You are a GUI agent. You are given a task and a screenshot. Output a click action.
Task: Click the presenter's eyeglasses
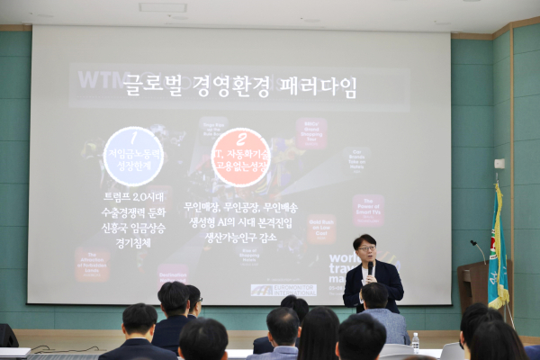(x=364, y=248)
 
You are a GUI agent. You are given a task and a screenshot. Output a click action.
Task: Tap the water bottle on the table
(x=415, y=341)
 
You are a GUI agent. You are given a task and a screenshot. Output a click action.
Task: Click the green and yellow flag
(x=497, y=248)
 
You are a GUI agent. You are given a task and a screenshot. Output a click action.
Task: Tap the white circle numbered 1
(x=133, y=156)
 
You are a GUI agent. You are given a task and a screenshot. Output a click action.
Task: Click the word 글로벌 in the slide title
(x=158, y=87)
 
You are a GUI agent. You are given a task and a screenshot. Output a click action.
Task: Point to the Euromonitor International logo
(x=283, y=290)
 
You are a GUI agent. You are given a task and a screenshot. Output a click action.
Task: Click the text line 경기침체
(x=132, y=243)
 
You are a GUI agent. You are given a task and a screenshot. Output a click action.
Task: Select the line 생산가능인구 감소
(x=240, y=237)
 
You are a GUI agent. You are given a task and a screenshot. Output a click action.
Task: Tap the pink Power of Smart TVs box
(x=367, y=209)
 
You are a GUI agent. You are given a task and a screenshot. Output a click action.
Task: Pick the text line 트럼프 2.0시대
(x=132, y=201)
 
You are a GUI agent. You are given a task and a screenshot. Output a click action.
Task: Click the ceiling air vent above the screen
(x=163, y=7)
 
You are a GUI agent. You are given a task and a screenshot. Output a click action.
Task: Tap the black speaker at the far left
(x=7, y=335)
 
